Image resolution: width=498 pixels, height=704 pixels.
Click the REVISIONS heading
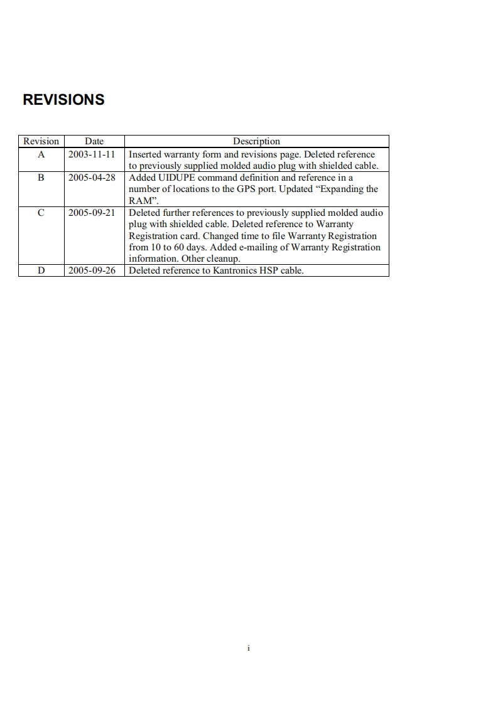tap(63, 100)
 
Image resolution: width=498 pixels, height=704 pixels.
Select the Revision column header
tap(41, 141)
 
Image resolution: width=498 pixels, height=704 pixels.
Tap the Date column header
tap(94, 141)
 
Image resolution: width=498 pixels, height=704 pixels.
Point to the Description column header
tap(256, 141)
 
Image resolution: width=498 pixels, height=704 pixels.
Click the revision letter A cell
tap(41, 154)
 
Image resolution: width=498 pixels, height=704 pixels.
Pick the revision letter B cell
tap(41, 178)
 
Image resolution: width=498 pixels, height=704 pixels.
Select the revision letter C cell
tap(41, 213)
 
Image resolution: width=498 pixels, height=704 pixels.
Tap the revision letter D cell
tap(41, 271)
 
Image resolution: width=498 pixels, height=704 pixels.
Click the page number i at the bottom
tap(249, 648)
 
